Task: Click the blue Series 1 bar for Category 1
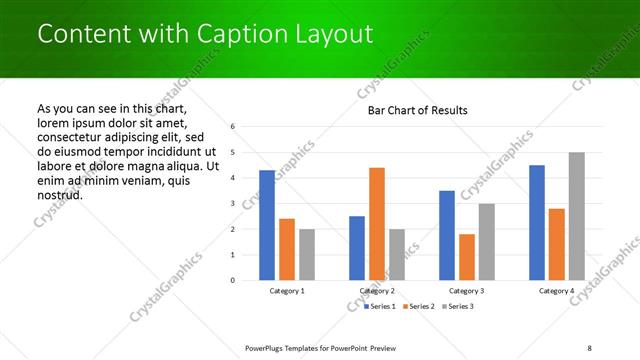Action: click(x=266, y=225)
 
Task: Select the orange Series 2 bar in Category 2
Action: click(x=376, y=224)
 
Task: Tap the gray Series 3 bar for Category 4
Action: click(x=577, y=216)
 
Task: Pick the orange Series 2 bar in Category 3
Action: click(x=466, y=257)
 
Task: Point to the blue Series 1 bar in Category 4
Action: click(x=537, y=222)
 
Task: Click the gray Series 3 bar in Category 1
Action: click(x=306, y=254)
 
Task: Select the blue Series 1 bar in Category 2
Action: click(x=356, y=248)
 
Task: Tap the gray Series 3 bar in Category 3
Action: click(x=486, y=242)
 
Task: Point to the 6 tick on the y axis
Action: click(x=232, y=127)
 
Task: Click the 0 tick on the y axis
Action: click(x=232, y=280)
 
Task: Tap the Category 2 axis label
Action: click(x=377, y=291)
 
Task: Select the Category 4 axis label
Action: click(x=557, y=291)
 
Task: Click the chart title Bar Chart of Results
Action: click(x=418, y=110)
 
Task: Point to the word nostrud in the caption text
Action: click(x=59, y=194)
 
